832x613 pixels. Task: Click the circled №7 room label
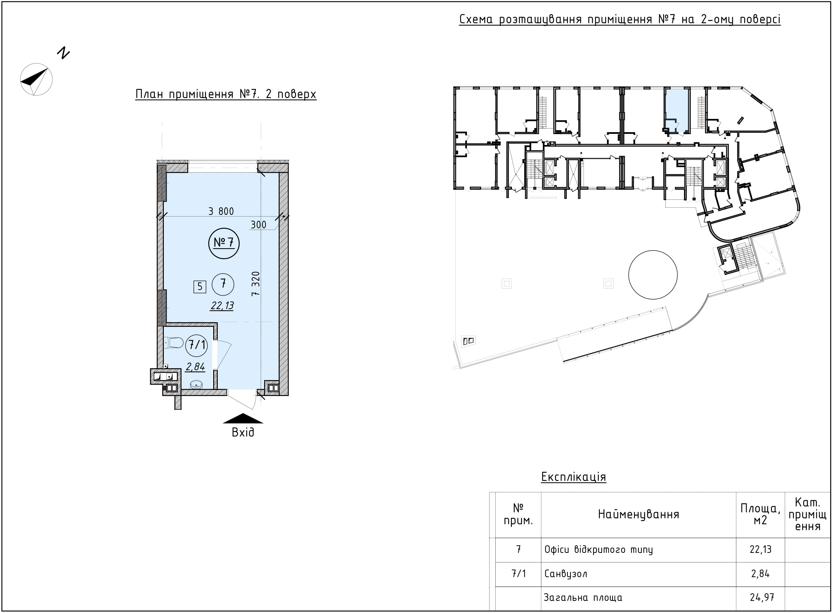point(224,243)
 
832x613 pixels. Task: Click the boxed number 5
point(200,286)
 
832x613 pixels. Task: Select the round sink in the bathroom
point(196,385)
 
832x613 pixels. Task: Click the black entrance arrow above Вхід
point(243,419)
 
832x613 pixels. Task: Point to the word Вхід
point(243,433)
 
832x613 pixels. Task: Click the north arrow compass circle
point(36,79)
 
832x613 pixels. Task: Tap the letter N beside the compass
point(63,53)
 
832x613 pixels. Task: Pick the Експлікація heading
point(574,477)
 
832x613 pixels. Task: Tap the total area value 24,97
point(760,598)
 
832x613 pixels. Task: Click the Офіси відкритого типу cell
point(599,550)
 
